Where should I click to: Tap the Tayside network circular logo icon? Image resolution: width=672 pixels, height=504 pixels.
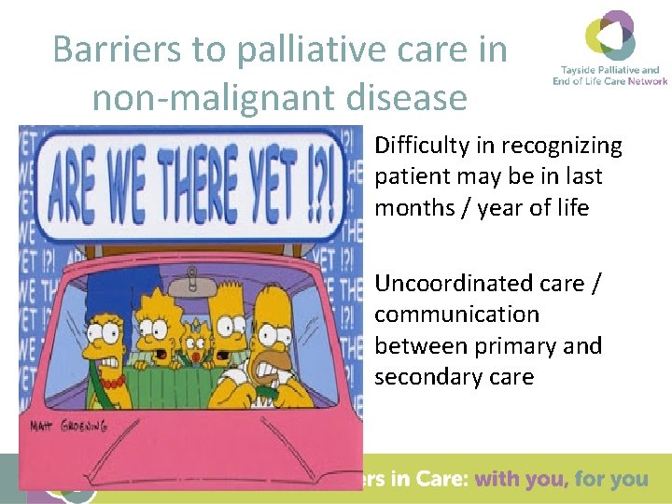pos(610,35)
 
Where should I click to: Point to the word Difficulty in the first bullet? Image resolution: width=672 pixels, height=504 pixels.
pos(434,146)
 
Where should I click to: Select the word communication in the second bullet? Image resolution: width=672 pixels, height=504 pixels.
pos(456,315)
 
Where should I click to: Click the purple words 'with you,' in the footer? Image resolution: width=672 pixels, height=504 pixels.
pos(520,480)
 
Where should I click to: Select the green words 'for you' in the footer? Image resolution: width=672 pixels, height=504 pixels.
pos(611,480)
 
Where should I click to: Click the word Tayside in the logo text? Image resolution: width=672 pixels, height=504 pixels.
pos(579,70)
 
